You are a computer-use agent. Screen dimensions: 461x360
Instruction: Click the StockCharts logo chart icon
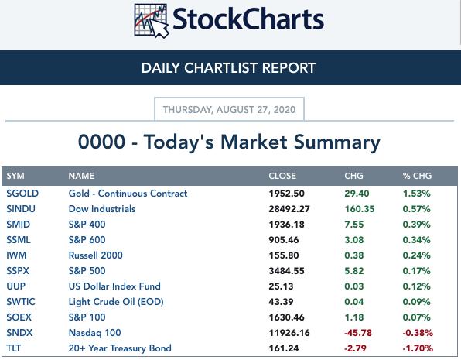point(152,21)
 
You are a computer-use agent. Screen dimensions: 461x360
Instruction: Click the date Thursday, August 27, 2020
point(229,109)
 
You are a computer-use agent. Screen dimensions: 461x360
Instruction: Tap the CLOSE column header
point(282,176)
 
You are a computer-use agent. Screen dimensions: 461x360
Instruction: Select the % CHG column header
point(417,176)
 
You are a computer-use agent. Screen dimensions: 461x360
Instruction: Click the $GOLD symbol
point(22,194)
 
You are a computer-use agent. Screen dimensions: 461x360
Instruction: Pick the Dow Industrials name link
point(102,209)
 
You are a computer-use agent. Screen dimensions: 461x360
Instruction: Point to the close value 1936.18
point(286,225)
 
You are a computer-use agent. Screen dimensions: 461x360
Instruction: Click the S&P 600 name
point(87,239)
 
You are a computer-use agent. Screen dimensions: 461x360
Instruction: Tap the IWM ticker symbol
point(16,255)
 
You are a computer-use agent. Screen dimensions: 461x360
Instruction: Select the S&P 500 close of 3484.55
point(286,271)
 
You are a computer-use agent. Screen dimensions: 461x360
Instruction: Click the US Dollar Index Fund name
point(114,286)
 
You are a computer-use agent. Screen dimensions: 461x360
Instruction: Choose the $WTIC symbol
point(21,302)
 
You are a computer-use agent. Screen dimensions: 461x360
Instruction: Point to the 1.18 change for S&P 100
point(354,317)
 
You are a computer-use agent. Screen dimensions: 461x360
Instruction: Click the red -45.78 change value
point(358,333)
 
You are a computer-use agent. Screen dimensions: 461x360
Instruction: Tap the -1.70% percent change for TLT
point(418,348)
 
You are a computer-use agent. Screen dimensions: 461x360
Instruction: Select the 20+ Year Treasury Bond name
point(120,348)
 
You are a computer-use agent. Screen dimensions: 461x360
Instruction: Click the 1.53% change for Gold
point(417,194)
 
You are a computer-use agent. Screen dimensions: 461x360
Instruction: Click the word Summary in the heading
point(337,142)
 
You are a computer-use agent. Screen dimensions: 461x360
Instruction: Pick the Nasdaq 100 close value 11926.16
point(289,333)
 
